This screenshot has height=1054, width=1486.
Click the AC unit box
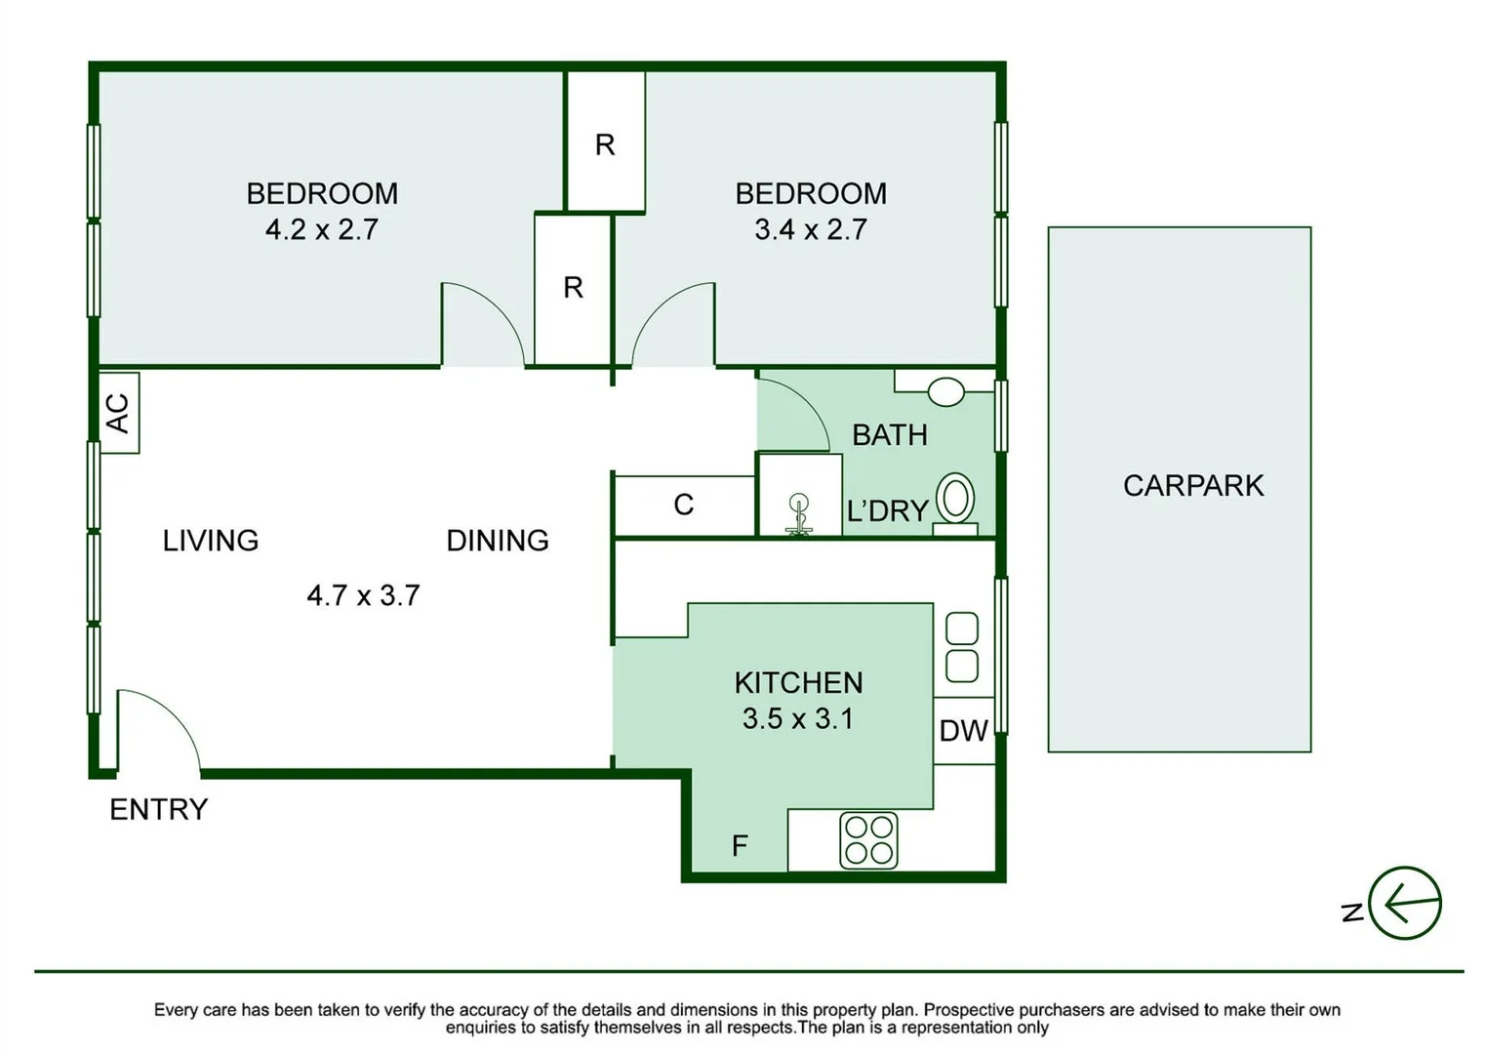pyautogui.click(x=118, y=413)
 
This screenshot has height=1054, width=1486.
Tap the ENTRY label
pyautogui.click(x=158, y=809)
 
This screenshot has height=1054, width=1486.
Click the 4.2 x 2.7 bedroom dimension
pyautogui.click(x=321, y=229)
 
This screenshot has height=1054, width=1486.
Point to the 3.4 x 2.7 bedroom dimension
pyautogui.click(x=810, y=229)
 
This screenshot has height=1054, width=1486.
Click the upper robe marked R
pyautogui.click(x=605, y=144)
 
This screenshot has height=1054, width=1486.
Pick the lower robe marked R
pyautogui.click(x=573, y=288)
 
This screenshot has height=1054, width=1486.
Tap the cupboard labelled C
pyautogui.click(x=683, y=505)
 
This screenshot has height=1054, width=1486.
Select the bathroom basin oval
pyautogui.click(x=945, y=392)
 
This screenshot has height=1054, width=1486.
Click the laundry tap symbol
pyautogui.click(x=799, y=515)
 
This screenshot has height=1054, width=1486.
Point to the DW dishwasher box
pyautogui.click(x=963, y=731)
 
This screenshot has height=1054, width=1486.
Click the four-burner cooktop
pyautogui.click(x=868, y=840)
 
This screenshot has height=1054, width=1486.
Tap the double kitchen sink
pyautogui.click(x=962, y=647)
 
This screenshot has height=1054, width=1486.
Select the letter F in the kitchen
pyautogui.click(x=740, y=845)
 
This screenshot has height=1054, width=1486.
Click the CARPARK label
pyautogui.click(x=1192, y=485)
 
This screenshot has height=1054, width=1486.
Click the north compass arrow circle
pyautogui.click(x=1404, y=903)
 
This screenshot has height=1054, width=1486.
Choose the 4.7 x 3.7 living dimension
pyautogui.click(x=363, y=595)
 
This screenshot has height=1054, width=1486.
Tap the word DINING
pyautogui.click(x=498, y=541)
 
